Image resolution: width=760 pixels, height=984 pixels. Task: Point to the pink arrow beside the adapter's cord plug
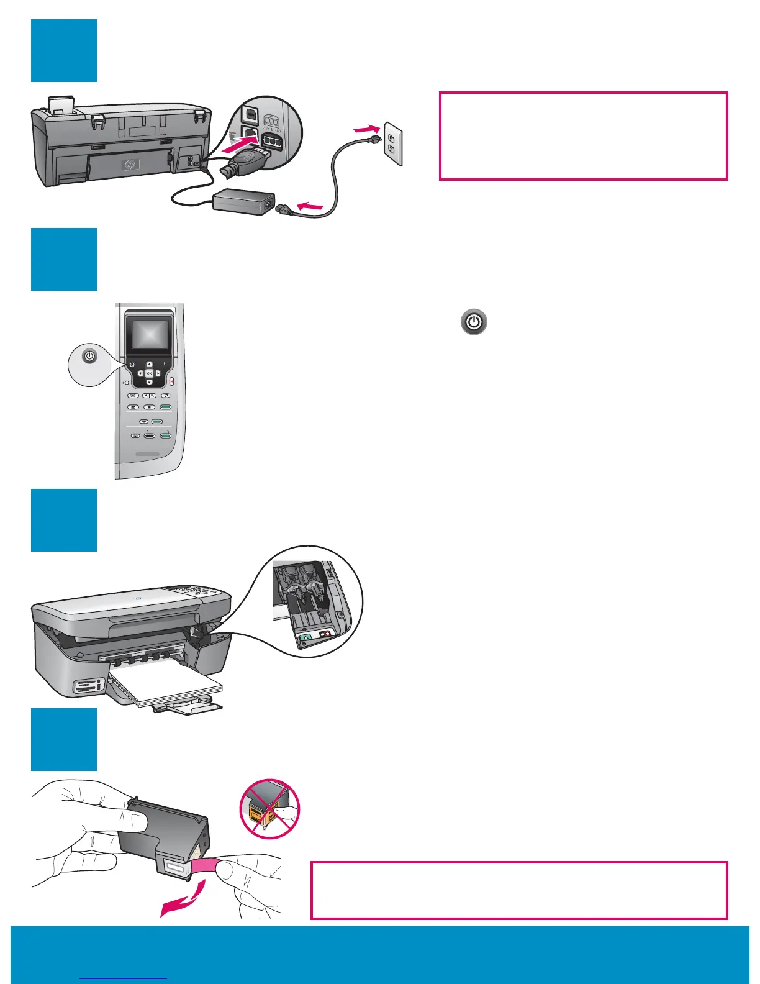coord(310,204)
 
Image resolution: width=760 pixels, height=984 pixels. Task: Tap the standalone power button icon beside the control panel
coord(474,322)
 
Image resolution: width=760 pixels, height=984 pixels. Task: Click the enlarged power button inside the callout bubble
coord(90,357)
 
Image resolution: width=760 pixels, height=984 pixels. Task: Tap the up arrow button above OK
coord(149,365)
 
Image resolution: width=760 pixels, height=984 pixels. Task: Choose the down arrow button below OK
coord(149,381)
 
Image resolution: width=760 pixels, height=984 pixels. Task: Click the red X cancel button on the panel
coord(171,382)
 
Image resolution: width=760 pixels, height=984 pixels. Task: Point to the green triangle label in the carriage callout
coord(305,637)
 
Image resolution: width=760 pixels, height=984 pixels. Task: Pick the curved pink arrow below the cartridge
coord(183,901)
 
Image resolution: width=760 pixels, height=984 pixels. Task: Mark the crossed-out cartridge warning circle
coord(269,809)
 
